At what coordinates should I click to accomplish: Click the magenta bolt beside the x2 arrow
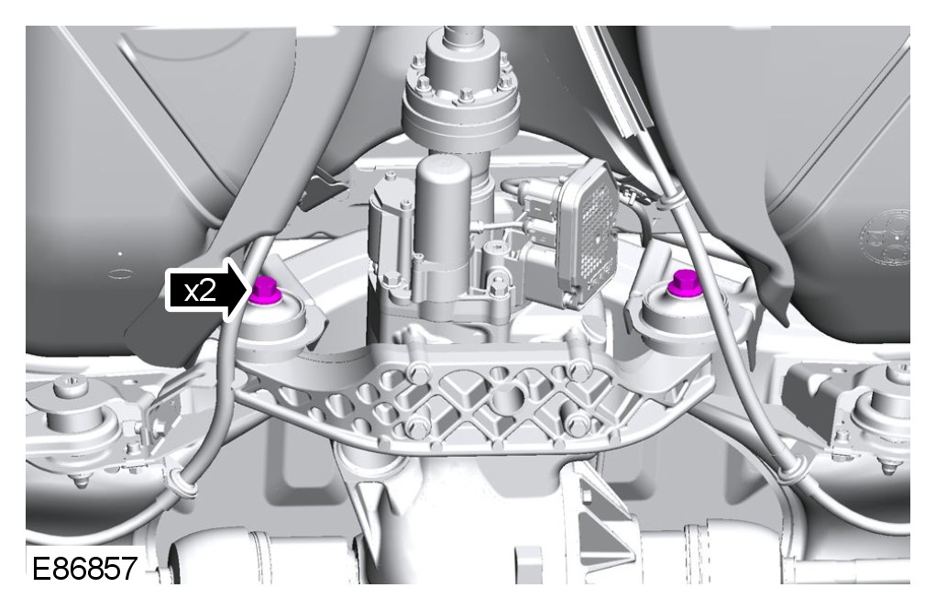pos(262,291)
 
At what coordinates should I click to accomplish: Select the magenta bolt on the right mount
pos(682,283)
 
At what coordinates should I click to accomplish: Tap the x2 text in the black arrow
pos(200,292)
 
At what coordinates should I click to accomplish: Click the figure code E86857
pos(83,568)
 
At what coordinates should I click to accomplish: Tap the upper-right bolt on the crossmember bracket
pos(578,371)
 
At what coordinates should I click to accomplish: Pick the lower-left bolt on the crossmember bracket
pos(417,427)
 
